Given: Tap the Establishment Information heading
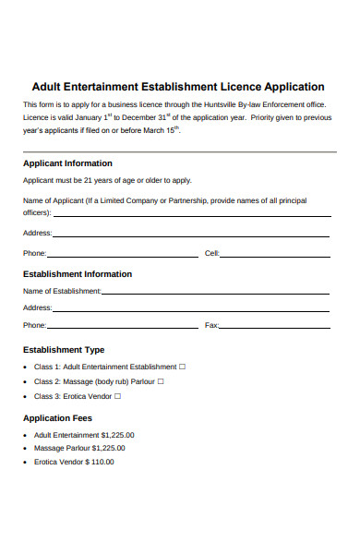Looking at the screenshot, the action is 77,274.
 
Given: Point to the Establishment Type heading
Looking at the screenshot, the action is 63,350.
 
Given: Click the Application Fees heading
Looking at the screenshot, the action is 57,418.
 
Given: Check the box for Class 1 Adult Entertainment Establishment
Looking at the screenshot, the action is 182,367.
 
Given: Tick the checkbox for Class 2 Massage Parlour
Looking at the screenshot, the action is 161,381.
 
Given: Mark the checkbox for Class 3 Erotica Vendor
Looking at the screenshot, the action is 117,396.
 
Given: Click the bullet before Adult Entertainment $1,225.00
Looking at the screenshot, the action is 25,435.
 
